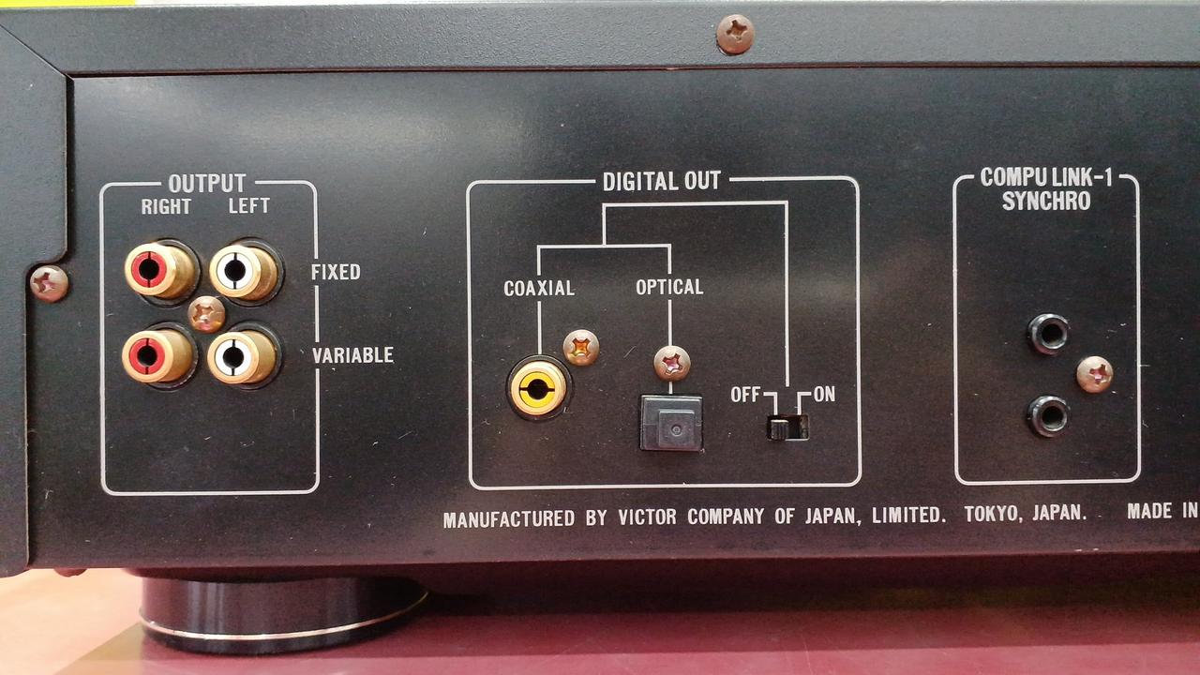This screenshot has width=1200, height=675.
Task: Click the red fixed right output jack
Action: tap(158, 270)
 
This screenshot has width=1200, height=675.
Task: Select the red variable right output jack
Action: tap(157, 355)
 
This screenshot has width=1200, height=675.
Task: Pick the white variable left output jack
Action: tap(241, 356)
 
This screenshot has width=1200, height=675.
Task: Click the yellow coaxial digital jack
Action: tap(538, 388)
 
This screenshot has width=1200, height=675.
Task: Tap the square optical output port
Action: tap(671, 423)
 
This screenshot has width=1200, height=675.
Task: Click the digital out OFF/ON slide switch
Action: tap(787, 427)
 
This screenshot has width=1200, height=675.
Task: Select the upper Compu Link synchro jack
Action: tap(1048, 333)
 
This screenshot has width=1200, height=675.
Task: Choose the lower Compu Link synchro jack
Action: tap(1048, 415)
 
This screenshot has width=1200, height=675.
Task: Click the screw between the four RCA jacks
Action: tap(206, 314)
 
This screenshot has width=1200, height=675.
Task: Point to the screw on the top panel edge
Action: tap(736, 34)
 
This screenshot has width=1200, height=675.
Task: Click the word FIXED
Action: tap(336, 272)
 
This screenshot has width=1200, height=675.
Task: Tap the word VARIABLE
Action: tap(353, 355)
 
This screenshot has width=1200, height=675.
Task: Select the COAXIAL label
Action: tap(539, 288)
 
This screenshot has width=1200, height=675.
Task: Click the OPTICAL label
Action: tap(669, 287)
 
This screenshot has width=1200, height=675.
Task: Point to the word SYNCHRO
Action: tap(1046, 201)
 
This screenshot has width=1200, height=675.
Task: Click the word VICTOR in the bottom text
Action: tap(647, 517)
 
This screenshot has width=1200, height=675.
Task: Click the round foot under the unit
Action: tap(283, 613)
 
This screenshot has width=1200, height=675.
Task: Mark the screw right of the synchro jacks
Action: tap(1095, 374)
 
